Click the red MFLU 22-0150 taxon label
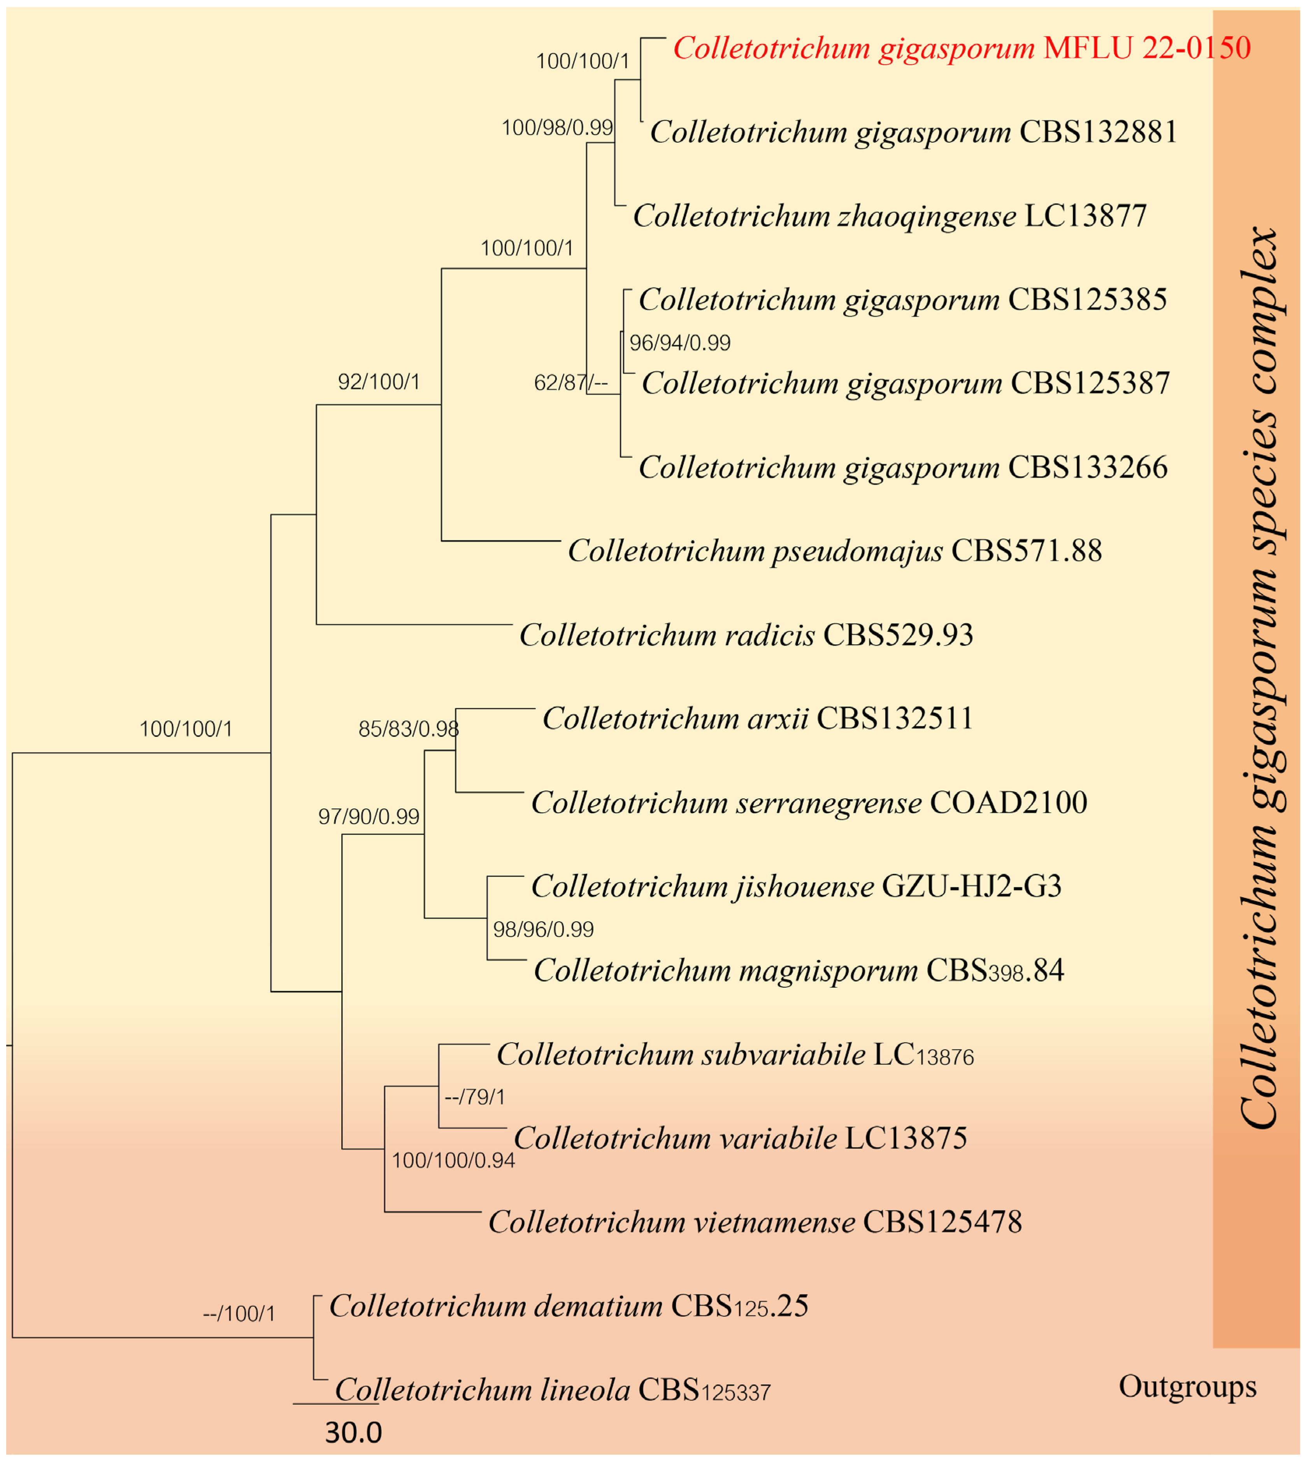(962, 48)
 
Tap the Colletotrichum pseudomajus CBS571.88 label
(835, 551)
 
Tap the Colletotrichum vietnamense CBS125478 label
(755, 1222)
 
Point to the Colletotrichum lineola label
(553, 1390)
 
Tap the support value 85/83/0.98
(409, 729)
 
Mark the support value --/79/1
(476, 1097)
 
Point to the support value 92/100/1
(379, 382)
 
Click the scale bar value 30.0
(353, 1433)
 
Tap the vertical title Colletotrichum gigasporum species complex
(1259, 677)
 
